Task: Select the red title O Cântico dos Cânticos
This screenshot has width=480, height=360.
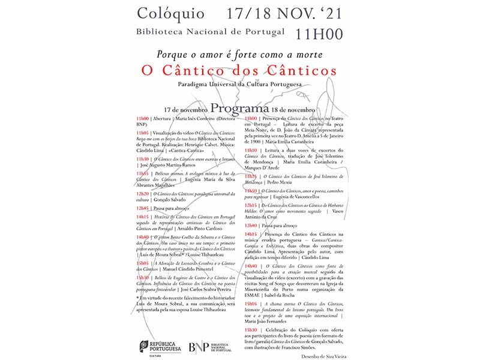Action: (240, 70)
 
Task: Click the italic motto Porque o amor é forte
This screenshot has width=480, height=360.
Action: (240, 53)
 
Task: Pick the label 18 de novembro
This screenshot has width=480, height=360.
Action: (293, 111)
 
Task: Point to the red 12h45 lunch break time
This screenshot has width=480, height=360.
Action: (142, 208)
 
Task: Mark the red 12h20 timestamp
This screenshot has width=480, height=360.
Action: (142, 194)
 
